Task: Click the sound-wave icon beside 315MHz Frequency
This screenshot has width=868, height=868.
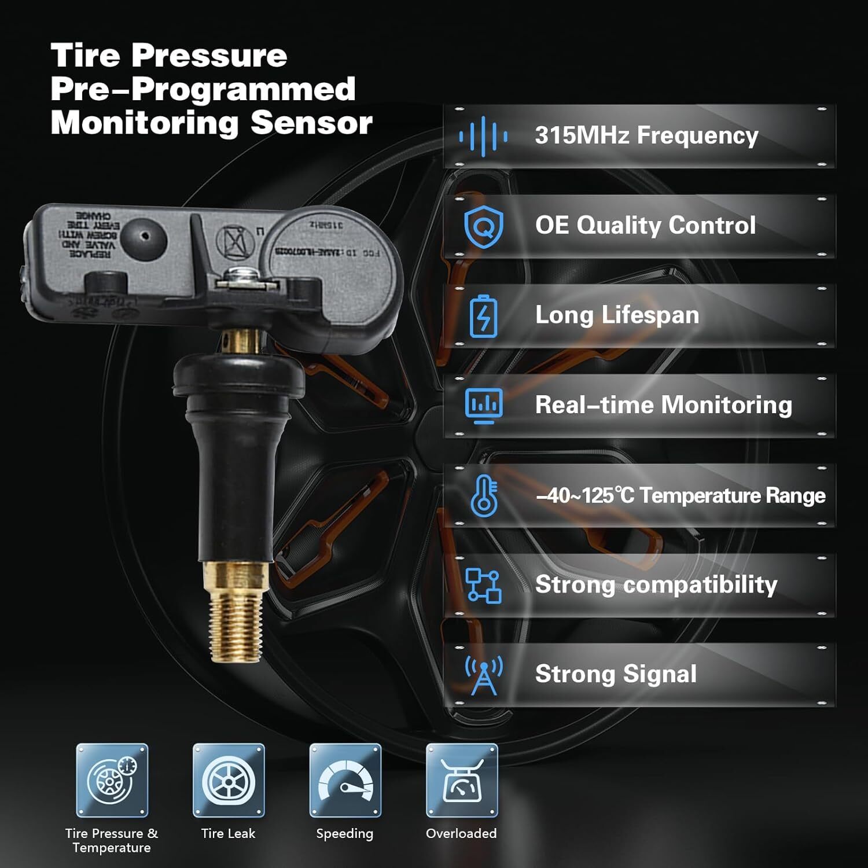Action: tap(483, 137)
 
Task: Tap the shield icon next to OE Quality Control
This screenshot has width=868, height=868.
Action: tap(483, 226)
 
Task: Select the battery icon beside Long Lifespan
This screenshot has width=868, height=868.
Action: tap(483, 316)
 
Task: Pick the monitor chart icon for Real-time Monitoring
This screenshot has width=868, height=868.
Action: tap(483, 405)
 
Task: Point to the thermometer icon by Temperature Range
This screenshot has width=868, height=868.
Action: tap(483, 495)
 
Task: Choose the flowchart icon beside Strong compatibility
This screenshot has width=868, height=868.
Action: tap(483, 585)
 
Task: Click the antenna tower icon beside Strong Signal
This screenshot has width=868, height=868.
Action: tap(483, 675)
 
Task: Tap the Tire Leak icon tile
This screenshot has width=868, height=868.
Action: tap(229, 780)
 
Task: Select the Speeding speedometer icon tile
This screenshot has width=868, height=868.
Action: tap(345, 780)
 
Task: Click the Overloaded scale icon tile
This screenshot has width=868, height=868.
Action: tap(462, 780)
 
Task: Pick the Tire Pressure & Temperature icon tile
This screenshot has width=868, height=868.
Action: tap(112, 780)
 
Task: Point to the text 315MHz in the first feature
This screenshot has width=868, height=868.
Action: tap(582, 135)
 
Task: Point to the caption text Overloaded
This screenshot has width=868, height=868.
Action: tap(461, 833)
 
